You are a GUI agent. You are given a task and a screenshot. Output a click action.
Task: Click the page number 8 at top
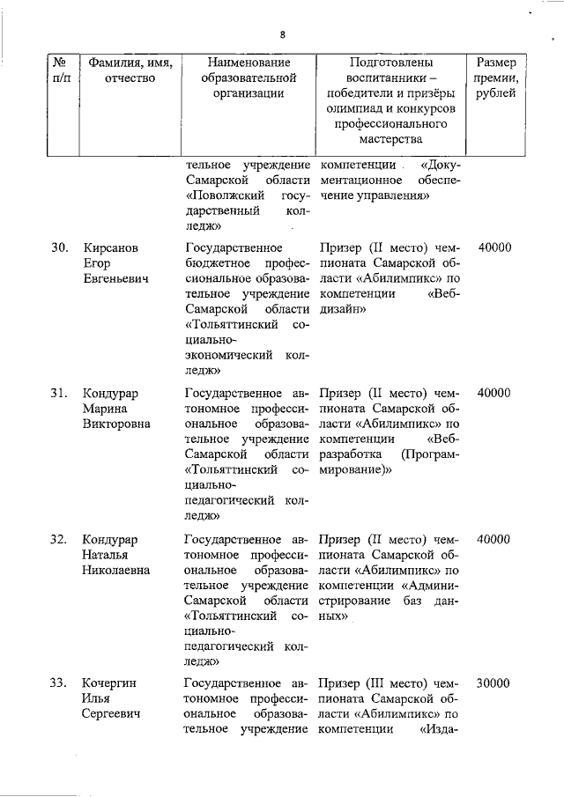tap(282, 35)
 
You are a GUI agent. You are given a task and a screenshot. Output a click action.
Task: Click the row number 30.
tap(59, 248)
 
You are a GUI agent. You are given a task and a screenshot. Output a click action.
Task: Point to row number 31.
tap(59, 394)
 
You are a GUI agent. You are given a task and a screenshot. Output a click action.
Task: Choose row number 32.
tap(59, 539)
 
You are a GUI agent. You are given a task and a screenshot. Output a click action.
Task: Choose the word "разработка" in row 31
tap(351, 454)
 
